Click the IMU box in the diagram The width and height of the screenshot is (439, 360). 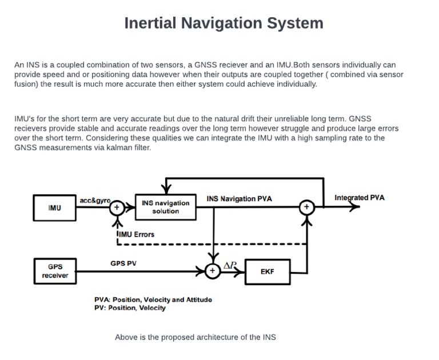[54, 208]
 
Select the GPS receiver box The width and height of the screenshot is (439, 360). [54, 271]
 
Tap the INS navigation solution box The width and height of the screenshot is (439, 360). [165, 207]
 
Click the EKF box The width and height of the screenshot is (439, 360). [267, 271]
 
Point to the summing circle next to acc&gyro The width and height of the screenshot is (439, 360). [117, 207]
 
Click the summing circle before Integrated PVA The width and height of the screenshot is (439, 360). [307, 207]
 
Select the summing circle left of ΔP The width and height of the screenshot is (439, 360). [212, 271]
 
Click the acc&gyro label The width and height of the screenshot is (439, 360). [94, 201]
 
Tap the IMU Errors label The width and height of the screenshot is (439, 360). [136, 234]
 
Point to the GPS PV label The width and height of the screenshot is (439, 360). [123, 263]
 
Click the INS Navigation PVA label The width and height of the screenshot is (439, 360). [239, 199]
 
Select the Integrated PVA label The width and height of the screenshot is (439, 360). [360, 198]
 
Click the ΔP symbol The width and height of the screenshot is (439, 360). [230, 265]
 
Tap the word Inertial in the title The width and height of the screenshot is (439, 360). [150, 23]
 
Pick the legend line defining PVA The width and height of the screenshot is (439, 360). [153, 299]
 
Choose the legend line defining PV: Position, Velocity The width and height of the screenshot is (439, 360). [130, 307]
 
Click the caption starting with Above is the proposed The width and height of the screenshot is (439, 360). [195, 337]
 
